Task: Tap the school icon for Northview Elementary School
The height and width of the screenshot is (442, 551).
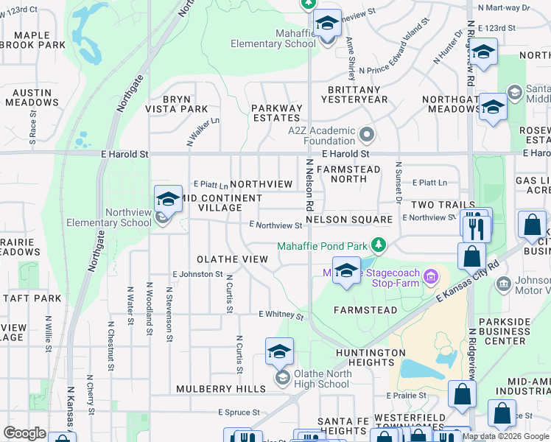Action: tap(168, 199)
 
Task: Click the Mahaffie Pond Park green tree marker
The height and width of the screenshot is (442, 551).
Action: tap(379, 244)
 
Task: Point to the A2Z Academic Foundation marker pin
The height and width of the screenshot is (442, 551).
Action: tap(367, 134)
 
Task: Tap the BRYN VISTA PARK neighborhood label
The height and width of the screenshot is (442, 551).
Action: tap(175, 104)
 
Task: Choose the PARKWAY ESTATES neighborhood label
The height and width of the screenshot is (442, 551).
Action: tap(277, 113)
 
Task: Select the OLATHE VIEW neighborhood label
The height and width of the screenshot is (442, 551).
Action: tap(232, 259)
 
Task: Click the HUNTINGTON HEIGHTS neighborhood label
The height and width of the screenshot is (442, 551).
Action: tap(370, 357)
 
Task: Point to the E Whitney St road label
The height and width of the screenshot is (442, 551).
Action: tap(281, 315)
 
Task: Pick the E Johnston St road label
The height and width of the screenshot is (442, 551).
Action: tap(197, 274)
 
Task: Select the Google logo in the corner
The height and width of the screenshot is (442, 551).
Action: tap(24, 433)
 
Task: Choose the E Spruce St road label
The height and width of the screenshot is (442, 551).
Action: tap(240, 413)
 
